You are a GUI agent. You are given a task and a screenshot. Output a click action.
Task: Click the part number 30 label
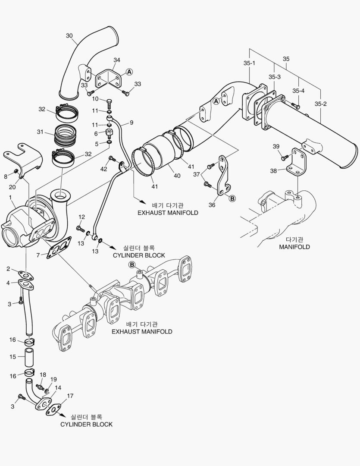pos(69,36)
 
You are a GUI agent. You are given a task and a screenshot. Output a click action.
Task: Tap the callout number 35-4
pos(298,91)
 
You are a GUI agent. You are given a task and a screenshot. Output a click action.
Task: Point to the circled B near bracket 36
pos(232,198)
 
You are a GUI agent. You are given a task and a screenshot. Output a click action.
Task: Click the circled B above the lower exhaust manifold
pos(132,264)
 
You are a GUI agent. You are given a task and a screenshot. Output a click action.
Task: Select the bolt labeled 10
pos(109,103)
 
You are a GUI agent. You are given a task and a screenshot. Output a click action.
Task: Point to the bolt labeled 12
pos(80,227)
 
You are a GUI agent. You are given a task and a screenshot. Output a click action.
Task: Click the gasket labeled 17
pos(55,410)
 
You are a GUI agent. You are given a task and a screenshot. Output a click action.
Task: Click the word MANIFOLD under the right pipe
pos(294,247)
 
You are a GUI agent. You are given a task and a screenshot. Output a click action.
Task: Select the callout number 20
pos(12,187)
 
